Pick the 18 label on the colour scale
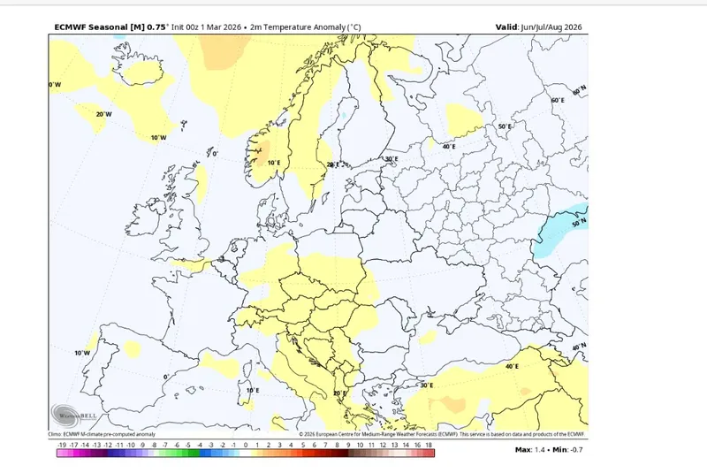click(x=429, y=446)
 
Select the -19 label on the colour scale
click(x=60, y=446)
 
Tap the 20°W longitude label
click(x=103, y=114)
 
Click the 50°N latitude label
click(x=580, y=225)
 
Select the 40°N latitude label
click(x=579, y=347)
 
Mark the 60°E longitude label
click(x=557, y=101)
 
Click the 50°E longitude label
click(x=505, y=126)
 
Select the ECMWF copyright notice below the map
click(x=442, y=434)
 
